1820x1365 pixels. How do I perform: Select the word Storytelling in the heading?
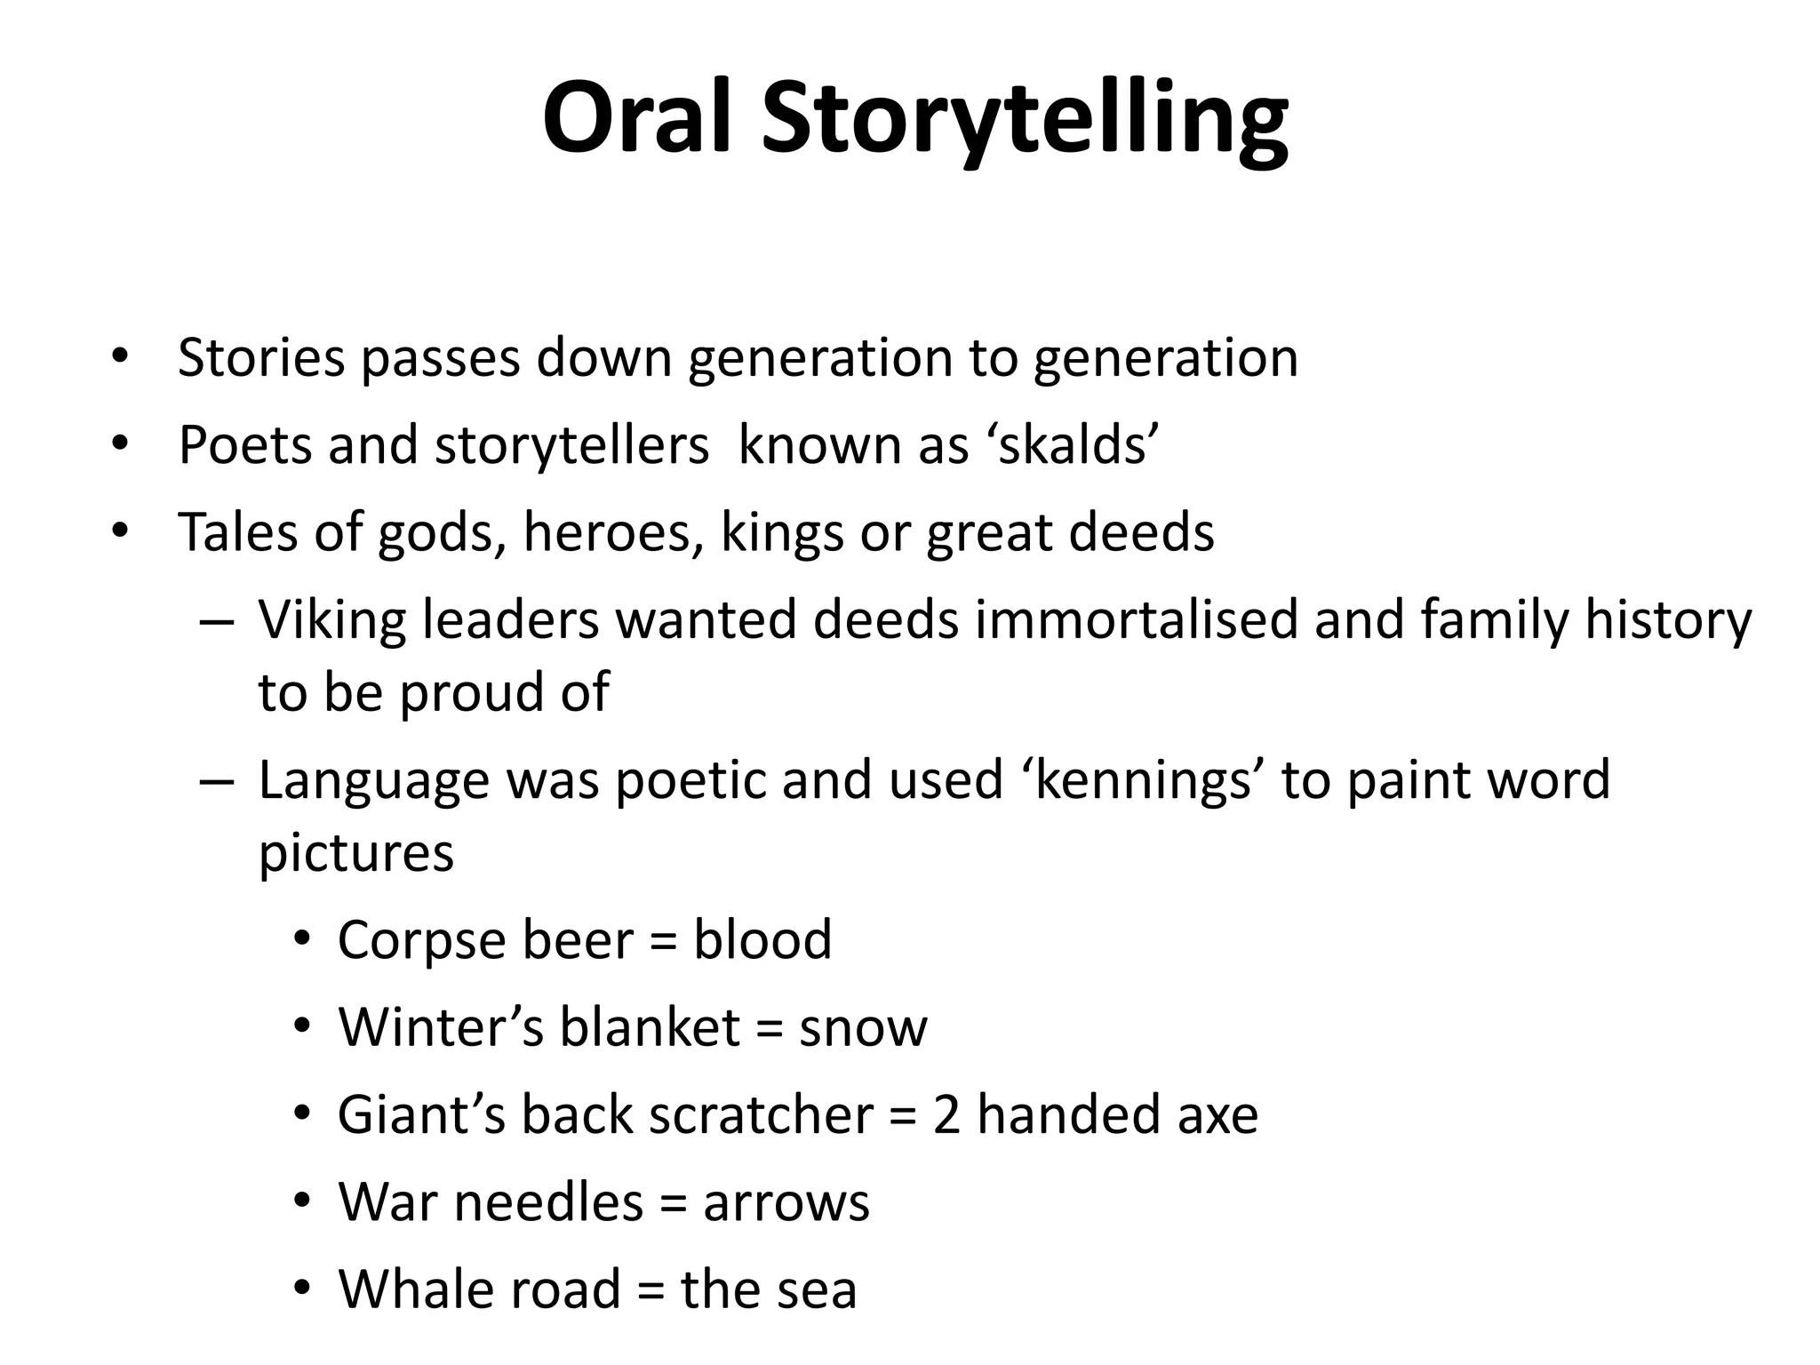[x=1024, y=122]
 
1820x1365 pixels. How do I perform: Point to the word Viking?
[x=332, y=619]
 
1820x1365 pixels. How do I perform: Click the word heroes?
[x=613, y=532]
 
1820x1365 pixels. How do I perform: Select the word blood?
[x=762, y=939]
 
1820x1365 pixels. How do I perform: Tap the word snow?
[x=862, y=1027]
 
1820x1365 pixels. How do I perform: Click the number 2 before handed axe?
[x=946, y=1115]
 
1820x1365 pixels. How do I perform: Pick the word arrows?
[x=786, y=1202]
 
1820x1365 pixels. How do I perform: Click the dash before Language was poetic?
[x=217, y=780]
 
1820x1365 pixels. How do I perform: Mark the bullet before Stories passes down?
[x=120, y=357]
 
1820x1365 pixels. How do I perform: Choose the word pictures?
[x=355, y=853]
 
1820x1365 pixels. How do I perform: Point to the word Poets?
[x=244, y=444]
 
